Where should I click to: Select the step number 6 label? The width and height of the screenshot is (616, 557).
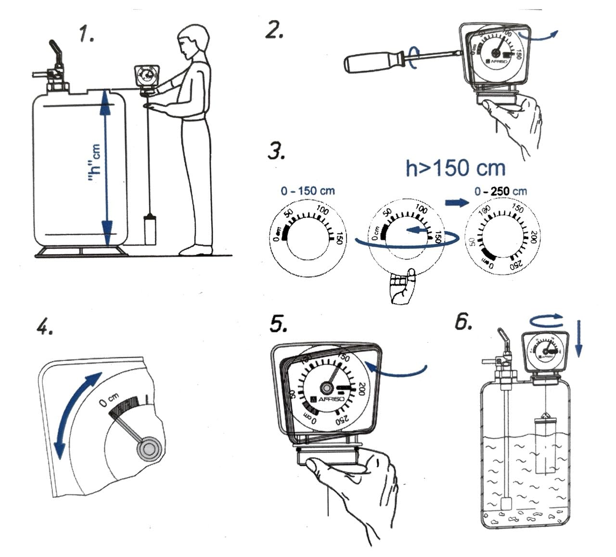click(x=464, y=322)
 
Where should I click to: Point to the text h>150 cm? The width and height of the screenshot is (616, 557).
click(x=455, y=168)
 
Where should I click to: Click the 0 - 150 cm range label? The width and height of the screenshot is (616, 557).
click(x=308, y=191)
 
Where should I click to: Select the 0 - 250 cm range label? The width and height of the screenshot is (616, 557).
click(x=500, y=191)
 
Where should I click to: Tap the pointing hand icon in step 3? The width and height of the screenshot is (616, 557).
click(x=402, y=287)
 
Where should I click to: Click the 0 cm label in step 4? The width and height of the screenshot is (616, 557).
click(x=108, y=400)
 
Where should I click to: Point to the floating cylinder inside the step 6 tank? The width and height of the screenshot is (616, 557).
click(x=547, y=445)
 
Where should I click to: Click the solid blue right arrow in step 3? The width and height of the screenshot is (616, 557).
click(x=456, y=202)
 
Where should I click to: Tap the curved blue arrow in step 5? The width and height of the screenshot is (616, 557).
click(x=397, y=371)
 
